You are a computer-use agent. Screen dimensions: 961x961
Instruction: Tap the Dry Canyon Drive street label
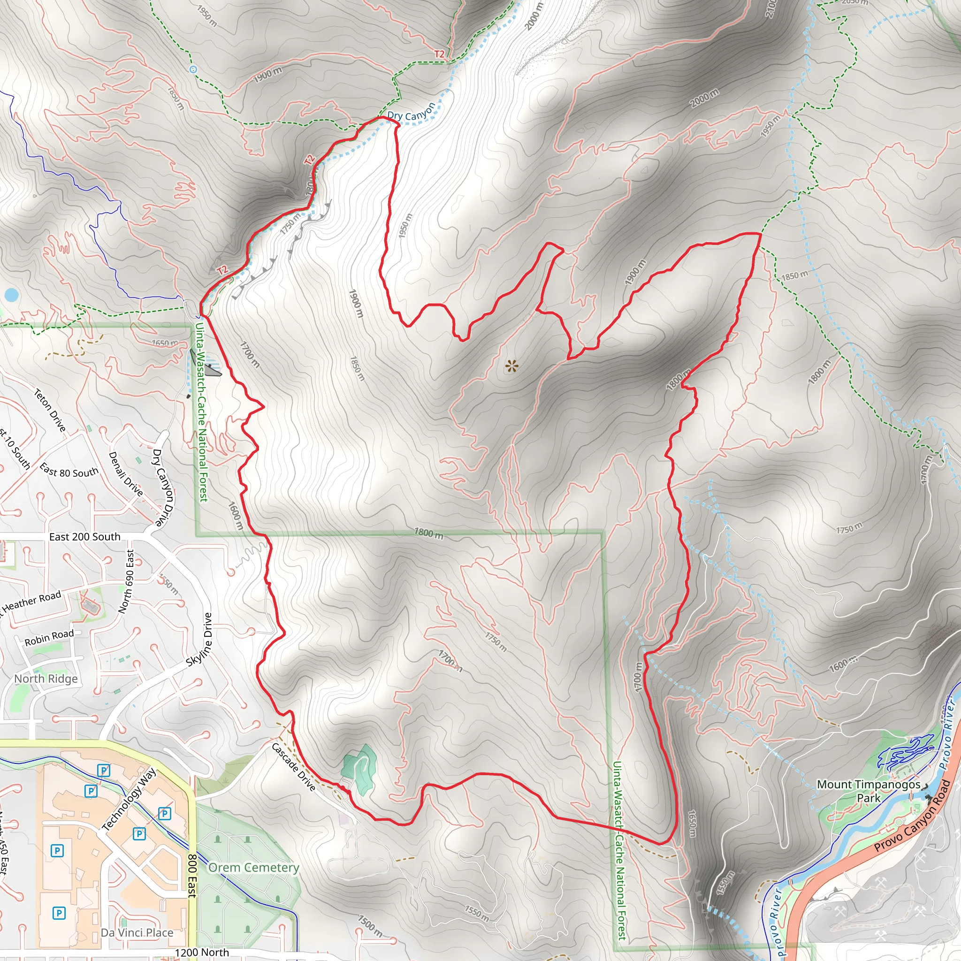point(164,488)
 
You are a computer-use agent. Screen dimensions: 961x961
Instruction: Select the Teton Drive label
point(50,410)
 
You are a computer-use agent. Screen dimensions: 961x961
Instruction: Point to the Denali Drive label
point(126,473)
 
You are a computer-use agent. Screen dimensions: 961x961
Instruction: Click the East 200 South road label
point(84,537)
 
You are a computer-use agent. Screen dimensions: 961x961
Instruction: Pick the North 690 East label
point(126,581)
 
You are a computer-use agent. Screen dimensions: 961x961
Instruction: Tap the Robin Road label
point(49,637)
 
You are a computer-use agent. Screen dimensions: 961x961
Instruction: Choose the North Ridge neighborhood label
point(46,679)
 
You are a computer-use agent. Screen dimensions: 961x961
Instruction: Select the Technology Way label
point(130,800)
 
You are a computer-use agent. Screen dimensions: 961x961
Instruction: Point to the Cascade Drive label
point(293,767)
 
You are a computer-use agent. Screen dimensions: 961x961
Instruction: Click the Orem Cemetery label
point(254,868)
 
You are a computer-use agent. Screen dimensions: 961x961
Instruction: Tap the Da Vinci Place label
point(137,933)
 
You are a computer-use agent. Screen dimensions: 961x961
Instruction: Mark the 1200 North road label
point(201,952)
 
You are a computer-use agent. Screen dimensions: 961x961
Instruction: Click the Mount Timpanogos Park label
point(869,791)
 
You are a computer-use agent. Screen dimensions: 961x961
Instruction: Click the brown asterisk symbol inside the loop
point(511,367)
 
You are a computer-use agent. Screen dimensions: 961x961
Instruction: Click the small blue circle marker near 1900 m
point(193,69)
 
